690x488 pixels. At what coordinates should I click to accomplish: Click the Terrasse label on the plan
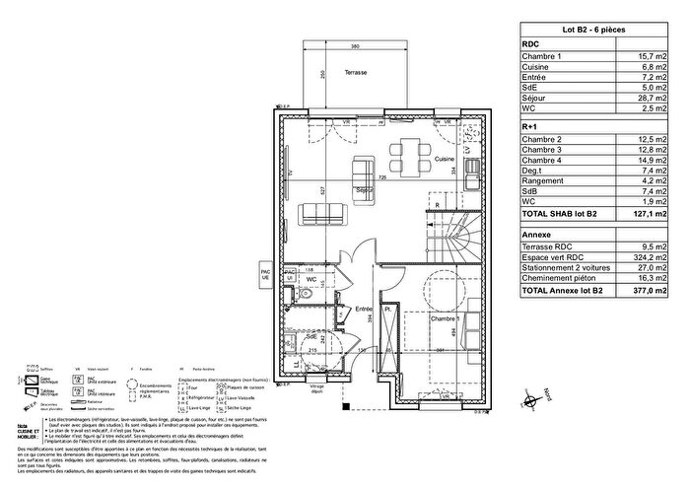tap(344, 74)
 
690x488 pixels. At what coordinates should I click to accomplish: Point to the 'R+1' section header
tap(530, 127)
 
